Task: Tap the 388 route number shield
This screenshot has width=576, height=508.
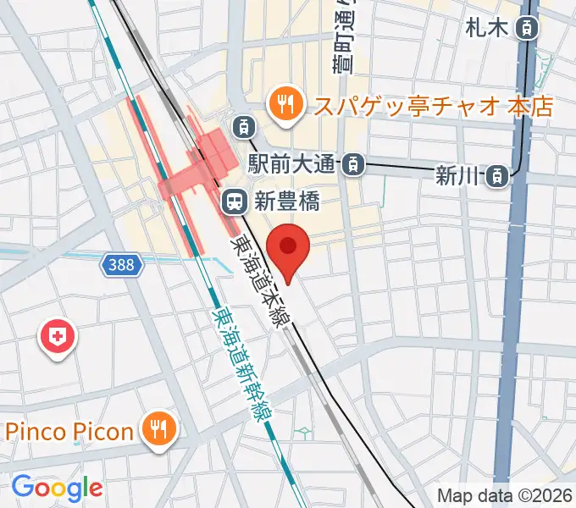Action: tap(121, 266)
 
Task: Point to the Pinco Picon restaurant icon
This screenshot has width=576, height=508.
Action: tap(157, 430)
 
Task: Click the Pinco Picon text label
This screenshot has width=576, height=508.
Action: tap(70, 431)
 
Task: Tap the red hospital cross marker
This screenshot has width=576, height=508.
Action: tap(58, 338)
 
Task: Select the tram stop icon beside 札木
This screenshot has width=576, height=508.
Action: tap(528, 28)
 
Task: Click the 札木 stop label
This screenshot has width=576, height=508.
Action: tap(486, 28)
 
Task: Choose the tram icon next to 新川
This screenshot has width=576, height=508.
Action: tap(497, 175)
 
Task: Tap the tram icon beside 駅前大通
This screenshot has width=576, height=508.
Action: tap(354, 163)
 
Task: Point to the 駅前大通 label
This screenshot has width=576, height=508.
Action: tap(294, 163)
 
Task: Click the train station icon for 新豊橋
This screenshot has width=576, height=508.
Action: tap(233, 202)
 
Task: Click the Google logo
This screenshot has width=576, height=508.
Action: tap(57, 487)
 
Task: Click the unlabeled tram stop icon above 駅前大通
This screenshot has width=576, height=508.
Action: tap(244, 127)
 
